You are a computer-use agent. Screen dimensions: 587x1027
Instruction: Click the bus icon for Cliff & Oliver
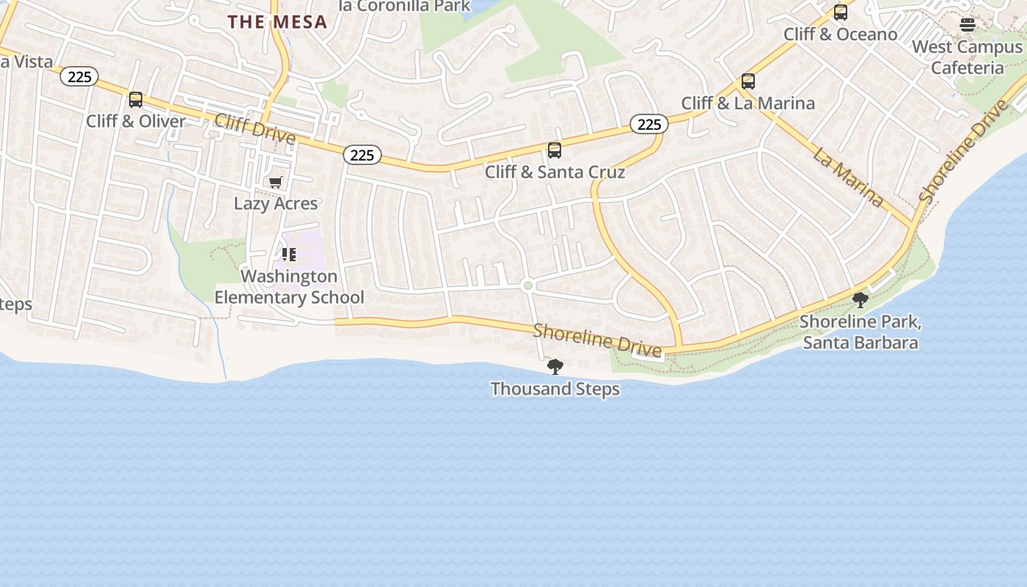(x=136, y=100)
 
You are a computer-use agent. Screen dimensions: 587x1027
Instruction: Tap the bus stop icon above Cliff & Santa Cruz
(x=555, y=150)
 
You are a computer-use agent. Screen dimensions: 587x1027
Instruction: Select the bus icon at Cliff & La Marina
(x=748, y=81)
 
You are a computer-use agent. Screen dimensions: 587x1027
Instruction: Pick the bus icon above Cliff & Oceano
(x=841, y=12)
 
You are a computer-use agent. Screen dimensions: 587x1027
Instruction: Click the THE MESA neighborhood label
(x=277, y=22)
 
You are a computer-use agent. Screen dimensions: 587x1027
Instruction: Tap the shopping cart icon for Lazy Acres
(x=276, y=183)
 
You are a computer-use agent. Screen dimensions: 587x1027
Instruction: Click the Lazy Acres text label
(x=276, y=203)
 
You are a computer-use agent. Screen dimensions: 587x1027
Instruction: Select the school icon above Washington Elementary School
(x=289, y=255)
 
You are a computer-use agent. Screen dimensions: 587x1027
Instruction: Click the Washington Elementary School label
(x=289, y=287)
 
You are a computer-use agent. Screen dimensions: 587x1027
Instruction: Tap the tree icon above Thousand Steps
(x=555, y=367)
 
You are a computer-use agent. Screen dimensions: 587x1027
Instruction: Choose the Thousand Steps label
(x=555, y=389)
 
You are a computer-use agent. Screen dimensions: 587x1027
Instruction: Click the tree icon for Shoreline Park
(x=860, y=300)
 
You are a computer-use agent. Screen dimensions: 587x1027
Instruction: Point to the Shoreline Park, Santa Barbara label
(x=860, y=332)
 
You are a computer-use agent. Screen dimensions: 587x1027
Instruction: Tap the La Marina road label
(x=848, y=176)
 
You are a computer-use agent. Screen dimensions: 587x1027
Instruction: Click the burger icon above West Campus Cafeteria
(x=968, y=25)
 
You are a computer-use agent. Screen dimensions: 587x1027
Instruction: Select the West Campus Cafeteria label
(x=967, y=57)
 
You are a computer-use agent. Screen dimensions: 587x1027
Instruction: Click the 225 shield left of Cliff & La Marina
(x=649, y=125)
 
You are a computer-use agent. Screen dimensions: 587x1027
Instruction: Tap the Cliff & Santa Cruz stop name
(x=555, y=172)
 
